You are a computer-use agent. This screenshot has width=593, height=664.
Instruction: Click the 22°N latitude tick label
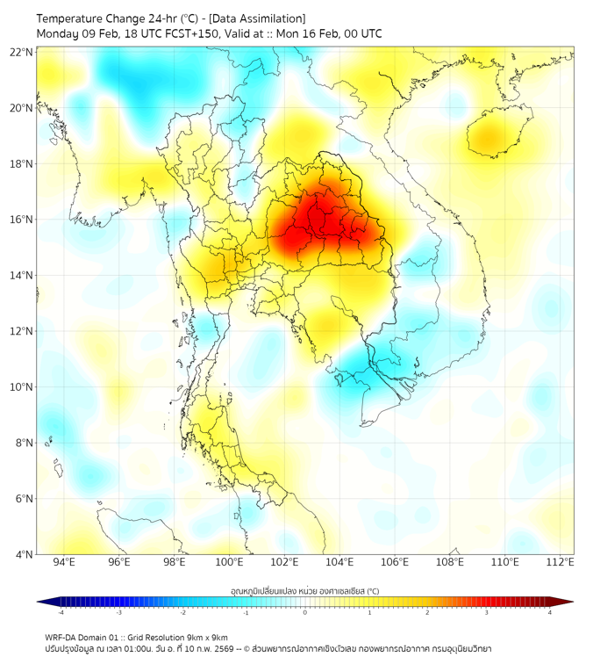pos(22,52)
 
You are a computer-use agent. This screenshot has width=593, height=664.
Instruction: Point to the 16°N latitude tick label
pos(22,220)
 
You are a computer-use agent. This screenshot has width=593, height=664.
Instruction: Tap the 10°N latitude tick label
pos(22,387)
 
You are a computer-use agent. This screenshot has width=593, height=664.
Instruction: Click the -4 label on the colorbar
pos(60,612)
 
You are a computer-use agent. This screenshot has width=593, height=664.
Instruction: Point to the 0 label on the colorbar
pos(305,612)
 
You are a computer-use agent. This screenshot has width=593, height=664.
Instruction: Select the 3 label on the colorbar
pos(488,612)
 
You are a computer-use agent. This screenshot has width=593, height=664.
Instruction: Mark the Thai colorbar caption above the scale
pos(304,591)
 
